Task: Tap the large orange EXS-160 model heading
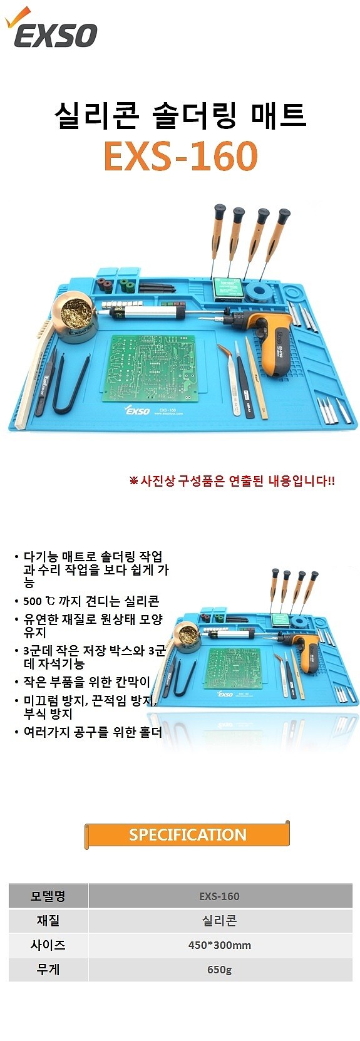180,156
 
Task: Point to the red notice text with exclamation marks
232,481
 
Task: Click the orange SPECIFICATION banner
187,834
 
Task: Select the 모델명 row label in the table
48,896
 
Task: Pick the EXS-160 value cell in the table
219,896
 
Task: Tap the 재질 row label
48,921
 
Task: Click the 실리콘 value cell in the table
219,921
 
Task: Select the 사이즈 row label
48,945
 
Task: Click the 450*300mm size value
219,945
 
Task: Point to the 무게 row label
48,970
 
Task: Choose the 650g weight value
219,970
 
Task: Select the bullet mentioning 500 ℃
91,601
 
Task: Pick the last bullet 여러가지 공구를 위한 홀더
92,732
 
